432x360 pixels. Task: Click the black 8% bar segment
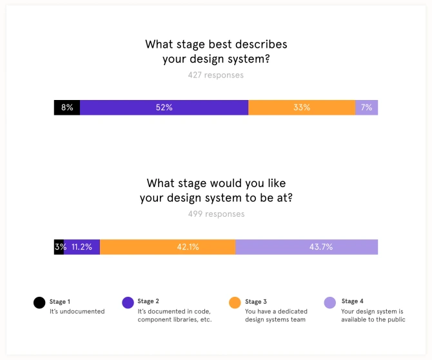coord(67,108)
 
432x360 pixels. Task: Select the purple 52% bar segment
coord(164,108)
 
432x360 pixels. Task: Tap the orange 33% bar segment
coord(301,108)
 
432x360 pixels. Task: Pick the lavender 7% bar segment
coord(366,108)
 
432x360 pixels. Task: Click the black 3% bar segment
coord(59,247)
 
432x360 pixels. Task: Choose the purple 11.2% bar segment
coord(82,247)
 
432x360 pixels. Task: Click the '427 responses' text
coord(216,75)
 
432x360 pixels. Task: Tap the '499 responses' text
coord(216,214)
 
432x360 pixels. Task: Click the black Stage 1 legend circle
coord(40,302)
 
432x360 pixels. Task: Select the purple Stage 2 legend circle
coord(128,302)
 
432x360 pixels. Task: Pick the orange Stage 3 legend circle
coord(235,302)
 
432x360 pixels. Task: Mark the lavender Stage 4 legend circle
coord(329,302)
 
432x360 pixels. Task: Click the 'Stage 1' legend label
coord(60,301)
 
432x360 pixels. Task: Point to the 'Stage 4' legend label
coord(353,301)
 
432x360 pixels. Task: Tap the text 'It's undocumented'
coord(77,311)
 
